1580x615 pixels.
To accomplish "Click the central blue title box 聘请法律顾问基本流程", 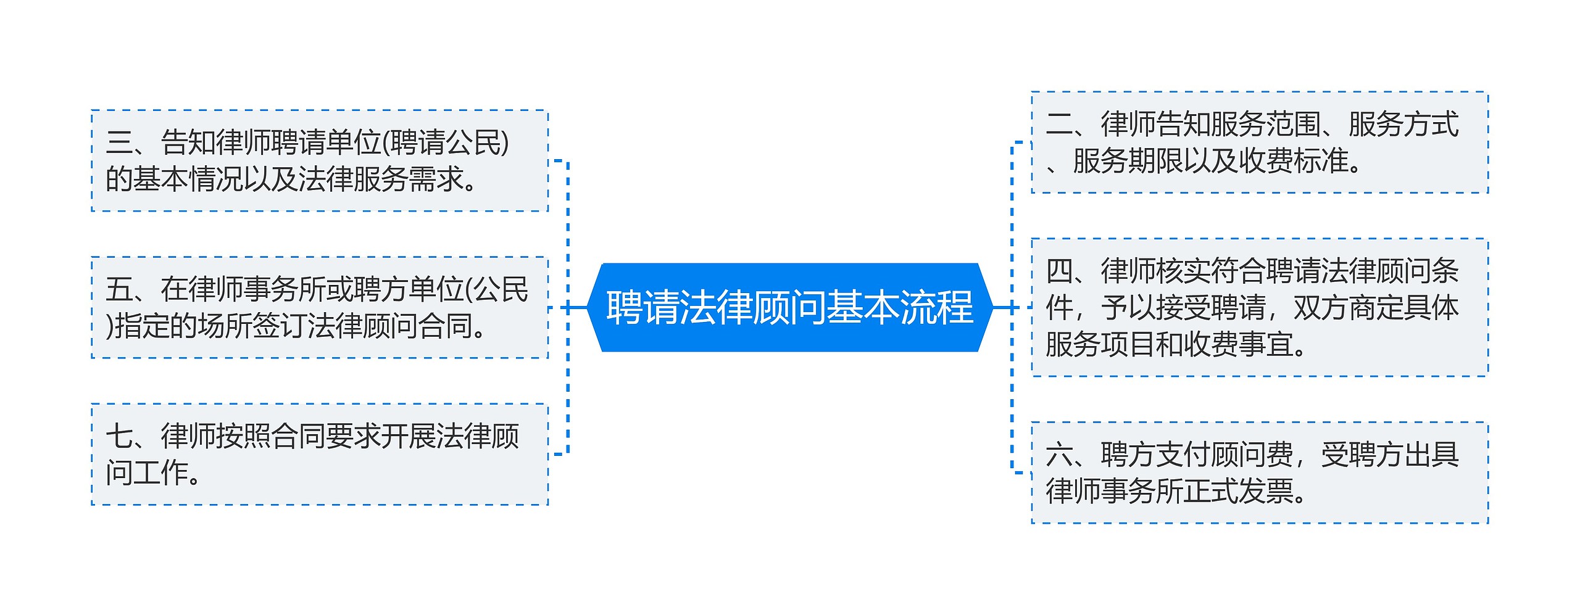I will coord(790,307).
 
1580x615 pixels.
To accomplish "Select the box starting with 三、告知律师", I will coord(320,161).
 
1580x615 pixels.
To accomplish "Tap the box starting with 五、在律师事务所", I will coord(320,307).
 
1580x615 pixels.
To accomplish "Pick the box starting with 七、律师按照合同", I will coord(320,455).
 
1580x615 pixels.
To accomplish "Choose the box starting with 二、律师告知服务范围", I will coord(1260,142).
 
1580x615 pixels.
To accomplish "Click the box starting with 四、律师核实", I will coord(1260,307).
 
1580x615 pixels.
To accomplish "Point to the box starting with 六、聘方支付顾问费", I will coord(1260,473).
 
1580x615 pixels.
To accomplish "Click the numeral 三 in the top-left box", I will coord(119,142).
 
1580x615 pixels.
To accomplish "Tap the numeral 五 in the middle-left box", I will coord(119,289).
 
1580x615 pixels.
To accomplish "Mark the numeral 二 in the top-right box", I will coord(1060,124).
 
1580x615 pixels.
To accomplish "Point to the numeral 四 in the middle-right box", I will coord(1060,271).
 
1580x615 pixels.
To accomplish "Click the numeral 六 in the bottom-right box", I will coord(1060,455).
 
